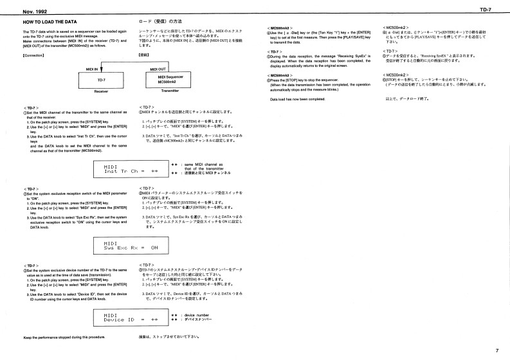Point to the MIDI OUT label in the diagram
coord(159,67)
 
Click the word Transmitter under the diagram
coord(170,91)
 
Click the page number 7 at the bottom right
coord(496,350)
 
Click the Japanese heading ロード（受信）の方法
coord(161,22)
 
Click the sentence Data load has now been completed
coord(301,98)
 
